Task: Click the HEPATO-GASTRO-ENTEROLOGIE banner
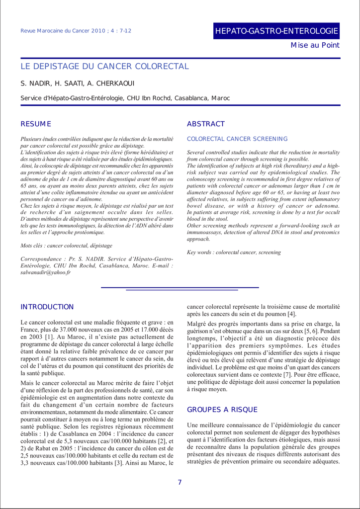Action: (276, 31)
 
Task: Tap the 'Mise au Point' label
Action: (315, 45)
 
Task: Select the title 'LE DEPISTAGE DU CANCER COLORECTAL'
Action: (104, 67)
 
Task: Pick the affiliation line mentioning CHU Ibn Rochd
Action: (125, 98)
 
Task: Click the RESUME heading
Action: (36, 124)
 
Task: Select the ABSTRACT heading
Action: (206, 124)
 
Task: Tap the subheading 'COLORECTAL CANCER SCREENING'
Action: (237, 139)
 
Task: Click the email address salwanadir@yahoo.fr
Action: (45, 272)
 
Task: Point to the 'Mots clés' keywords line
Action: (66, 246)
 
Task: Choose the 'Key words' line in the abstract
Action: (234, 253)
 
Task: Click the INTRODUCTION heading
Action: (47, 307)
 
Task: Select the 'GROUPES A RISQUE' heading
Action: (222, 410)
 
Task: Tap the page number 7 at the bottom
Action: (180, 482)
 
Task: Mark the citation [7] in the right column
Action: (287, 374)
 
